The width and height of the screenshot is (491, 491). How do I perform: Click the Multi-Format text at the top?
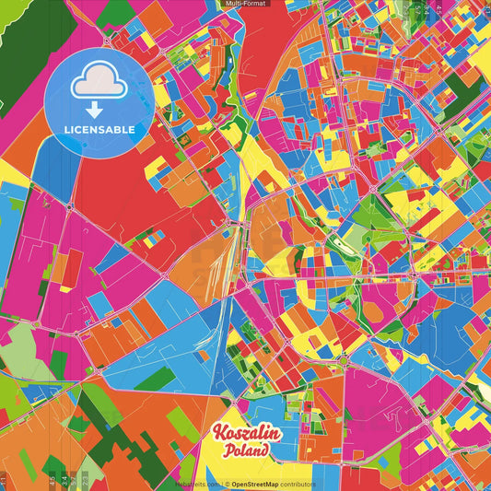pos(245,4)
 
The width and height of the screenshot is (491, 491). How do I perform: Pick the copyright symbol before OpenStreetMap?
pos(226,484)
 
